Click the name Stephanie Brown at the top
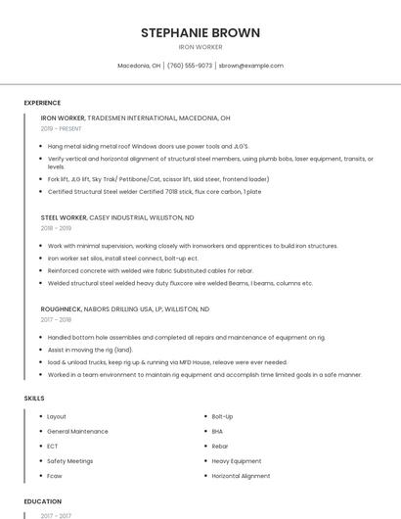click(200, 32)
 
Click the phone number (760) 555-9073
click(190, 66)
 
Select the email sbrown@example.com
click(251, 66)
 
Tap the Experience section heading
click(42, 103)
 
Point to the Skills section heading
click(33, 399)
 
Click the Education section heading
click(43, 501)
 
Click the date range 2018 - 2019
click(56, 228)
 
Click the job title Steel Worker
click(64, 216)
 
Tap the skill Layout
click(57, 416)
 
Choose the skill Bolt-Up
click(222, 416)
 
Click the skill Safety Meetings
click(69, 460)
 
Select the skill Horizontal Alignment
click(241, 476)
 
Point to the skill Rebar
click(220, 446)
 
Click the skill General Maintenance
click(77, 431)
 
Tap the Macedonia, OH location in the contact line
click(138, 66)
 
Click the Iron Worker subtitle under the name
click(200, 47)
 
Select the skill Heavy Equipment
click(236, 460)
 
